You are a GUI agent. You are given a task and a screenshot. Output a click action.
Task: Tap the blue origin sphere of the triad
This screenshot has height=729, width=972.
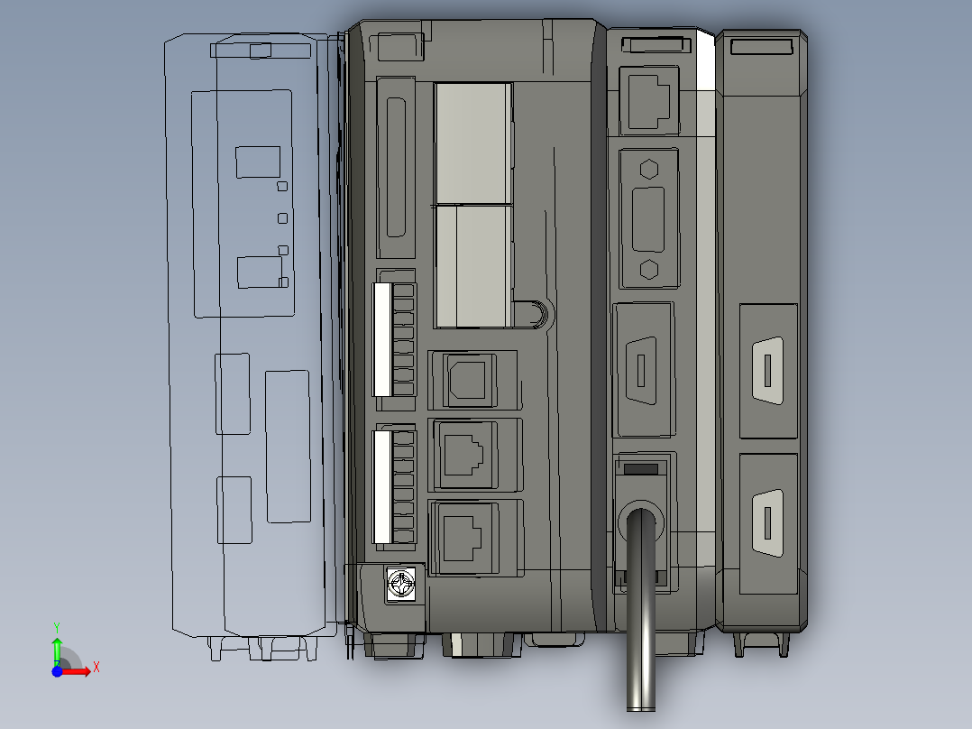tap(57, 671)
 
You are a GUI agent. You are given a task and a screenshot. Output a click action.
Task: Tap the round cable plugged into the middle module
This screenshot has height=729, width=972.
tap(641, 614)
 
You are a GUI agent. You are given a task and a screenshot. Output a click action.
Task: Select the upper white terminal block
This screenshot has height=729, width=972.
tap(382, 339)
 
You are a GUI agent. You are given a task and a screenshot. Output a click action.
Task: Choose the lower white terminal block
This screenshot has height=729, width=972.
tap(382, 486)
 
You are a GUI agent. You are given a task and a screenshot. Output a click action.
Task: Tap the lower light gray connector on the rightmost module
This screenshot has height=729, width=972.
tap(766, 523)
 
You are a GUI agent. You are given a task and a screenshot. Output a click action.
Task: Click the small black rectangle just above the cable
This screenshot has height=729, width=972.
tap(641, 469)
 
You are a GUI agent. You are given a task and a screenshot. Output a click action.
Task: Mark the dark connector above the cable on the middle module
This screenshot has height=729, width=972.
tap(643, 370)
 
